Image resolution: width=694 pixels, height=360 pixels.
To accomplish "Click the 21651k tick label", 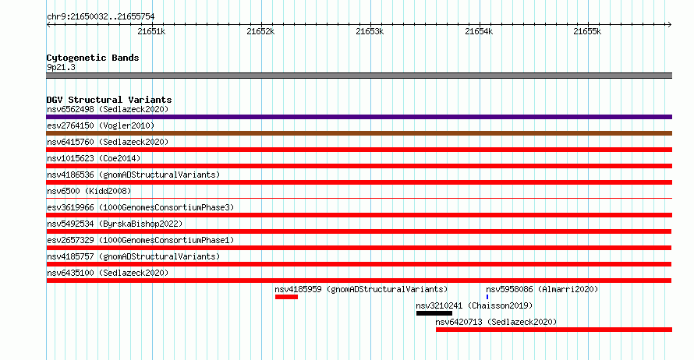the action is point(151,31).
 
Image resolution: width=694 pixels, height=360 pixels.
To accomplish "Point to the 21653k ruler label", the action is point(370,31).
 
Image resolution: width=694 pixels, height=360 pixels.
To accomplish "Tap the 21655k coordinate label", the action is point(587,31).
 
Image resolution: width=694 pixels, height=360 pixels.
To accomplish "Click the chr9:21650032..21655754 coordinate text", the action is point(101,17).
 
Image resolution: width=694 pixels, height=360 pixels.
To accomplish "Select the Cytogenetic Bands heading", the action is point(93,58).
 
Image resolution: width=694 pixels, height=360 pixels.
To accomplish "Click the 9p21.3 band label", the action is point(61,67).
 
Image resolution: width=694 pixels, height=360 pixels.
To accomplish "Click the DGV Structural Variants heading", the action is point(109,100).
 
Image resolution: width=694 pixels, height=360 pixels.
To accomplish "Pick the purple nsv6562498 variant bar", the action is point(359,117).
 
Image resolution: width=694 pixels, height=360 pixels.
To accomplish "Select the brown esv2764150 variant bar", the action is point(359,133).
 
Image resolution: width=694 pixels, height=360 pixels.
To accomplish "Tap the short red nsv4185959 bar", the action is point(286,297).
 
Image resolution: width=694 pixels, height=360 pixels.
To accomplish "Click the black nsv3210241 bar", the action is point(434,313).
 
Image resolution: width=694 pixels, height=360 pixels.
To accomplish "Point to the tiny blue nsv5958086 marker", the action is point(487,297).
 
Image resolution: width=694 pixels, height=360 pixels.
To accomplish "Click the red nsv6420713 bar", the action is point(554,330).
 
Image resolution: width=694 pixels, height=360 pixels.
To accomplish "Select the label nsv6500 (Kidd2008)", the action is point(89,191).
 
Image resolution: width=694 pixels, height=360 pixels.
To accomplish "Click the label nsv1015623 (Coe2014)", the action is point(94,158).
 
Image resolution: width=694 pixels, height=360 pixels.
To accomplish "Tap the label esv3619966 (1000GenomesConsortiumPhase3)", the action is point(140,207).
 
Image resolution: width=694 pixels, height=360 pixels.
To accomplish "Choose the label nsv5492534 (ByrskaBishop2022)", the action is point(115,224).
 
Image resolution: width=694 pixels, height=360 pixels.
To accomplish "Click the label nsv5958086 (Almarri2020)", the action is point(542,289).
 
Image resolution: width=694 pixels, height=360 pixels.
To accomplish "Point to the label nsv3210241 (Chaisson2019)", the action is point(474,305).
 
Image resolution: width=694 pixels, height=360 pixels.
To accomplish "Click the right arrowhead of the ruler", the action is point(670,24).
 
